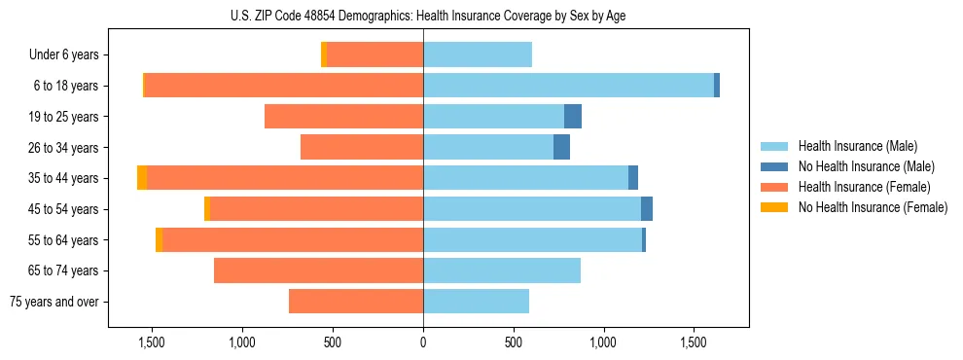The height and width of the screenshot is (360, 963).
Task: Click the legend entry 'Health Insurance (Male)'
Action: [857, 146]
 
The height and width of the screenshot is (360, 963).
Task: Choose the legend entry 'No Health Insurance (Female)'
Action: [873, 207]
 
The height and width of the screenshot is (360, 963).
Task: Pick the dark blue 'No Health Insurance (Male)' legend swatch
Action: [774, 166]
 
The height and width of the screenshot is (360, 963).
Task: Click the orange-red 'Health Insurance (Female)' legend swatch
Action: [774, 187]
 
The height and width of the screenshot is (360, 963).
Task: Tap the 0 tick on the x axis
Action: [423, 342]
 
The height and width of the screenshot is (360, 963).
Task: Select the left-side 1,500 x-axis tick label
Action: [151, 342]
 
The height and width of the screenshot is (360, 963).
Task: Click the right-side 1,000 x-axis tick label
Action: [603, 342]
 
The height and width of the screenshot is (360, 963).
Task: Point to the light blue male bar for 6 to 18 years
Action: [568, 86]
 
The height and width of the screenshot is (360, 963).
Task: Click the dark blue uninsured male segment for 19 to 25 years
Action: [573, 117]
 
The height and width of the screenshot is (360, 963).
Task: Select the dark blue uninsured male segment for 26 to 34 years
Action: [561, 148]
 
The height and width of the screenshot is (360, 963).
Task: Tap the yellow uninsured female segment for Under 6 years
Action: [324, 55]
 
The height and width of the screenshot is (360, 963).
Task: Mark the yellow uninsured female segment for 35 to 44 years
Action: [142, 178]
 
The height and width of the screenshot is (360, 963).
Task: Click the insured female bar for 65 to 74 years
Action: [318, 270]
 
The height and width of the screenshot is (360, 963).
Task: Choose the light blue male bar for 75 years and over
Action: [476, 302]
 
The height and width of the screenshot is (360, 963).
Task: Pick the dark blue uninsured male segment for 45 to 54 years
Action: [647, 209]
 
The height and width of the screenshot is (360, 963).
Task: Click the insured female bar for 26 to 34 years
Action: [362, 148]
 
